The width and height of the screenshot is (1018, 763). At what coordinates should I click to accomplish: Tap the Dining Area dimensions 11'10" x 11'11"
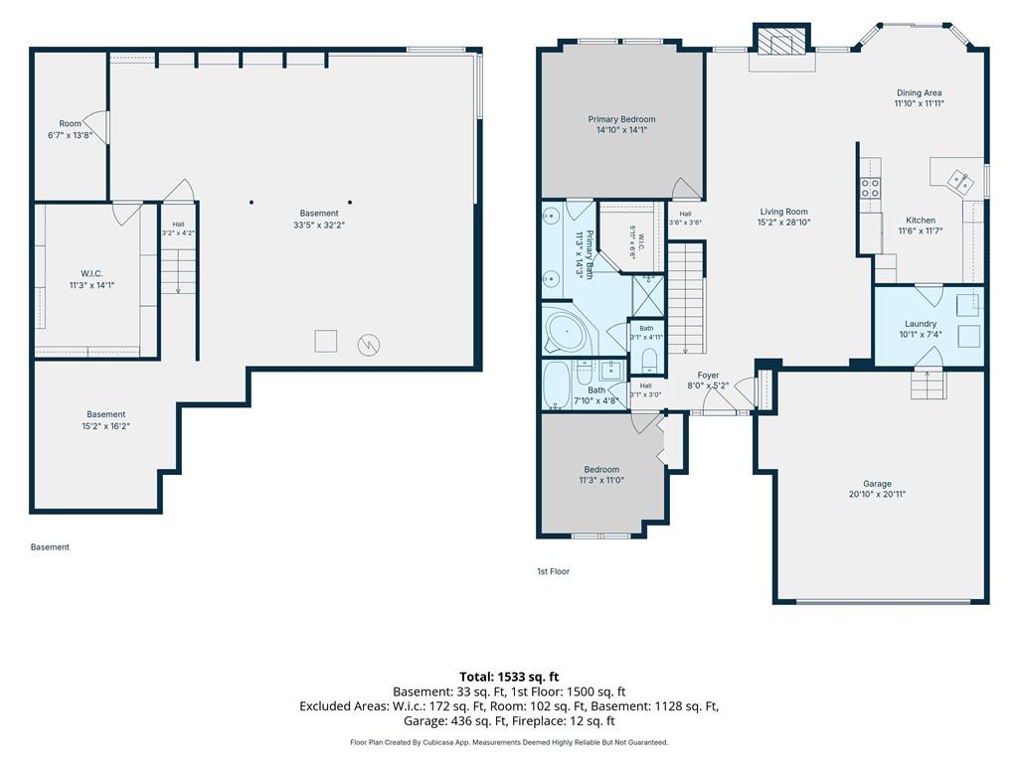pyautogui.click(x=919, y=103)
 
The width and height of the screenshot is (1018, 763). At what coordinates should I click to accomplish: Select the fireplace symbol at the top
pyautogui.click(x=781, y=40)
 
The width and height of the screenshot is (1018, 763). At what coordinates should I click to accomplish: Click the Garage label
pyautogui.click(x=877, y=484)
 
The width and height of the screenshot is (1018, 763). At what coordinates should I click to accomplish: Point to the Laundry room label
pyautogui.click(x=920, y=324)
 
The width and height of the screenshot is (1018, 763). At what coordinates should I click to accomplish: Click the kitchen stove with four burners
pyautogui.click(x=870, y=188)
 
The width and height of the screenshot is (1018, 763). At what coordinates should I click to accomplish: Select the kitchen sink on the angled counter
pyautogui.click(x=960, y=181)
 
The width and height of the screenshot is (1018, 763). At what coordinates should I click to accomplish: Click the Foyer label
pyautogui.click(x=708, y=375)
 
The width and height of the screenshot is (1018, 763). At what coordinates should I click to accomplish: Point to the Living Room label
pyautogui.click(x=783, y=212)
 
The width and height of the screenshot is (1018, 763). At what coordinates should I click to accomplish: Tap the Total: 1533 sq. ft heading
pyautogui.click(x=509, y=677)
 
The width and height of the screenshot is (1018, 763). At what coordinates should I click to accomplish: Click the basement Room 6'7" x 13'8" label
pyautogui.click(x=71, y=130)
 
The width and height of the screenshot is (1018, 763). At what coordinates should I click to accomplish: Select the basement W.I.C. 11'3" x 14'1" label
pyautogui.click(x=91, y=279)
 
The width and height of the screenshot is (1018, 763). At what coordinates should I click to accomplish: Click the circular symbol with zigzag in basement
pyautogui.click(x=369, y=345)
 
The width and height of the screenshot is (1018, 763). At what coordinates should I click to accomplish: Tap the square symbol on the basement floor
pyautogui.click(x=326, y=342)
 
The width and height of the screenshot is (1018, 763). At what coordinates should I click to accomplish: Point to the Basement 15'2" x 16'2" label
pyautogui.click(x=105, y=420)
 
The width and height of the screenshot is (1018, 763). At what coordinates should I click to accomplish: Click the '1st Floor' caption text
pyautogui.click(x=553, y=571)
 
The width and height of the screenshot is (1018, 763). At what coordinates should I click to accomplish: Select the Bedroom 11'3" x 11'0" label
pyautogui.click(x=601, y=475)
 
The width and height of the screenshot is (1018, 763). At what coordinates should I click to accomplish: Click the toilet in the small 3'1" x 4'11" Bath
pyautogui.click(x=648, y=360)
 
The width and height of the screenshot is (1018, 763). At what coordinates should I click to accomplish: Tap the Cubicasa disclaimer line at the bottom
pyautogui.click(x=509, y=742)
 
